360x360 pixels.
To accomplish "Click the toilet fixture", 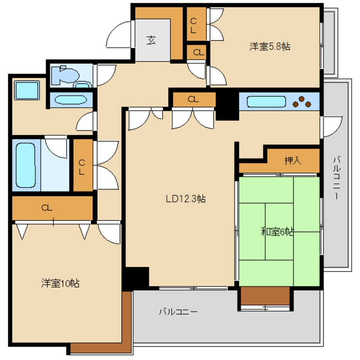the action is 65,75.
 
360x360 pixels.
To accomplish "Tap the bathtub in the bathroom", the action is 26,165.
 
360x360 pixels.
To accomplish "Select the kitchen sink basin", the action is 266,102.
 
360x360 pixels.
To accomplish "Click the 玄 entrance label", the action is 151,40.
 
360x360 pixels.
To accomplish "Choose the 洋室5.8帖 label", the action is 270,46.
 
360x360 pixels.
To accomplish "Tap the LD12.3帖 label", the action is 185,199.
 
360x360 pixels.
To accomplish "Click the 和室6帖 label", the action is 277,231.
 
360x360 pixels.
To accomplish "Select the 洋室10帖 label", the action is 60,283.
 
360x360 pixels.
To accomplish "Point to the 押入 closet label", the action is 293,161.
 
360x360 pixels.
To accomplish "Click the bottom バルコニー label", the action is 178,312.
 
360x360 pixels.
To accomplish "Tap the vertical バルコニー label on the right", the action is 337,177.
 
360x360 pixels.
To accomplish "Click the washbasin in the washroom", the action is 71,100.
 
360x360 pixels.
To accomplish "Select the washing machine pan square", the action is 27,90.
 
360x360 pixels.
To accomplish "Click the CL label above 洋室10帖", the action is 47,208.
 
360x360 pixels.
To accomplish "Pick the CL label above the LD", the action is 193,99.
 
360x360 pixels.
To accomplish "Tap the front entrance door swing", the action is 120,35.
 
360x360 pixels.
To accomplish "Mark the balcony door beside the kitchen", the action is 332,127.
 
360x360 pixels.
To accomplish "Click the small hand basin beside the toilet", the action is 83,85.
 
